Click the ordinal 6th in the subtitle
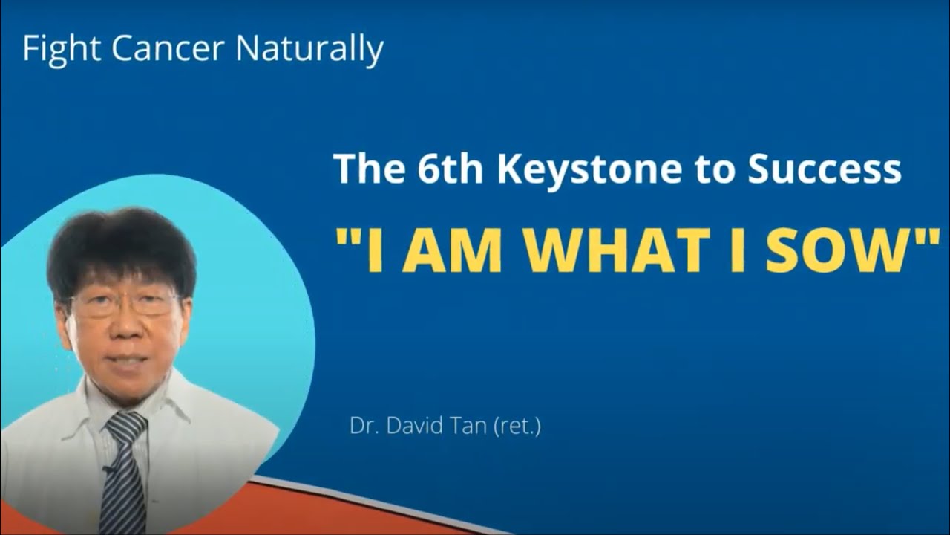(453, 169)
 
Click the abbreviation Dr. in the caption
(364, 427)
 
